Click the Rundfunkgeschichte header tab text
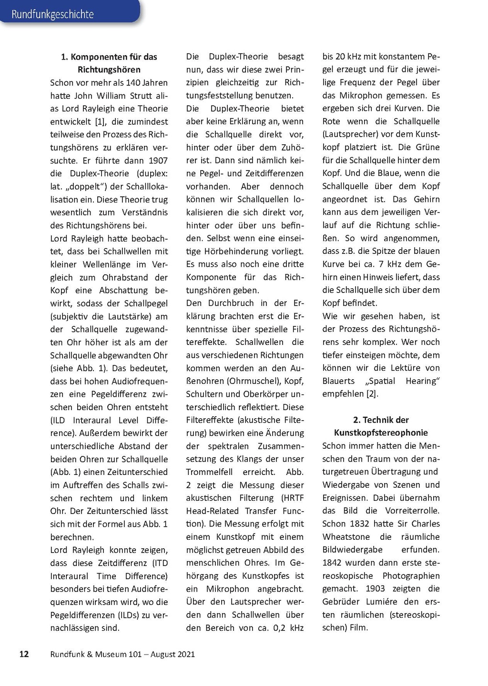point(52,14)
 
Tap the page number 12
point(24,654)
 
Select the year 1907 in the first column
point(158,161)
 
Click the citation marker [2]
point(371,394)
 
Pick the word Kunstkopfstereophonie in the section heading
point(381,433)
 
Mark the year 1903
point(376,588)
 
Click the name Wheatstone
point(346,536)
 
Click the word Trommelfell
point(209,472)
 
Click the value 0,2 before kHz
point(279,628)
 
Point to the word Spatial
point(380,381)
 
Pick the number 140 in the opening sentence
point(133,82)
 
